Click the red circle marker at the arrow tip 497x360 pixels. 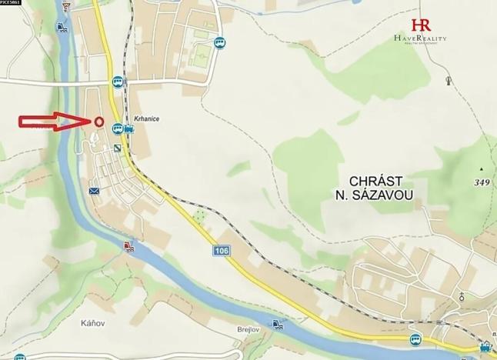[x=99, y=121]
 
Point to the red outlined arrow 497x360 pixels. [x=54, y=121]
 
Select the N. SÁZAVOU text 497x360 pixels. [x=374, y=195]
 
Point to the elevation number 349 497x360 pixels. [x=482, y=182]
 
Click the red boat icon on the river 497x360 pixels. [x=128, y=246]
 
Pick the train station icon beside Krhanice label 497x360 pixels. [x=128, y=129]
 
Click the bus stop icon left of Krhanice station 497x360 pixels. [x=116, y=128]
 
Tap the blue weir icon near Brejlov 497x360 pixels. [x=277, y=324]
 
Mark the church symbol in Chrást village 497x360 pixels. [x=462, y=296]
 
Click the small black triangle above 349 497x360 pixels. [x=481, y=168]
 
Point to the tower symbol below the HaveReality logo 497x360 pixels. [x=448, y=79]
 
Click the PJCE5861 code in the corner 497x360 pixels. [x=11, y=3]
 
